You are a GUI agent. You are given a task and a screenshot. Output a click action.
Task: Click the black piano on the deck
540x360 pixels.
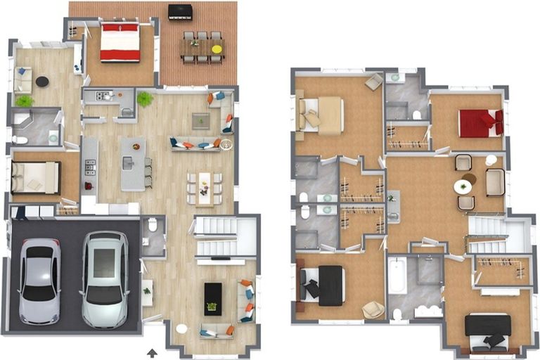[180, 12]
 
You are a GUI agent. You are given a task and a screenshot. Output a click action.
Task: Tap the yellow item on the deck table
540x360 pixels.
[217, 49]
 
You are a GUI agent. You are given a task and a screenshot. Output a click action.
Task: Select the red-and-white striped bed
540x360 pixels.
[120, 43]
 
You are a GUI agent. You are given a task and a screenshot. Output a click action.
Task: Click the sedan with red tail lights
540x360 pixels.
[39, 280]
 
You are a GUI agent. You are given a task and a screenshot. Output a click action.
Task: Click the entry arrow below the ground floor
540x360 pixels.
[152, 352]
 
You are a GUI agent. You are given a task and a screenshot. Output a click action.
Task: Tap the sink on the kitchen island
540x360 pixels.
[127, 163]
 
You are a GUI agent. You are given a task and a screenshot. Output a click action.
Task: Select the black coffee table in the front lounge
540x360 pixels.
[213, 298]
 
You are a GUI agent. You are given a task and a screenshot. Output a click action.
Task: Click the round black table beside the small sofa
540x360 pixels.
[42, 82]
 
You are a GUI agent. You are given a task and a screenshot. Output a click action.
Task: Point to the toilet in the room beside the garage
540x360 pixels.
[152, 225]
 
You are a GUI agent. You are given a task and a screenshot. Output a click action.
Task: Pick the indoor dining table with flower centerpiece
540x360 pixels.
[205, 188]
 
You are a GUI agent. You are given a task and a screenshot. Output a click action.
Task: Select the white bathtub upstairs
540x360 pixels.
[397, 276]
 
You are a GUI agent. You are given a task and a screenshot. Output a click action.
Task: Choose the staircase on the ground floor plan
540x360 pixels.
[217, 236]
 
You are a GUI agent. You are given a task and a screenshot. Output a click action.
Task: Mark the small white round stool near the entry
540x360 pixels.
[181, 328]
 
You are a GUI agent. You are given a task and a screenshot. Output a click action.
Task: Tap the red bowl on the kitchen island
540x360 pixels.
[136, 146]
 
